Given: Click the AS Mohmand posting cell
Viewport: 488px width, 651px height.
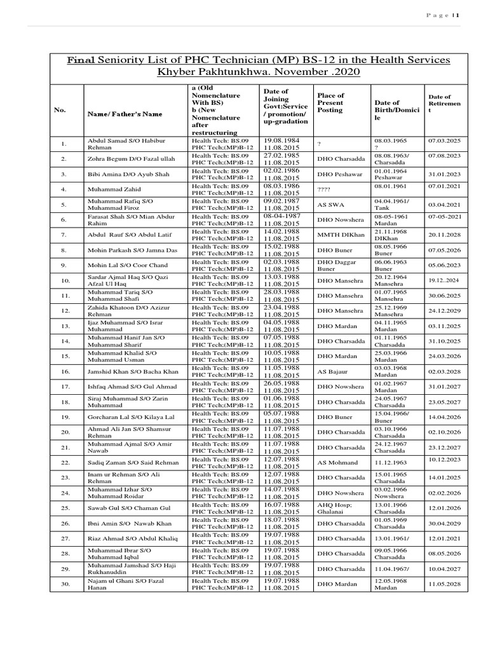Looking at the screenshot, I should tap(337, 462).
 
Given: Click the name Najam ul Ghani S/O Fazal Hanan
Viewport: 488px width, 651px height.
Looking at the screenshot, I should tap(126, 584).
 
